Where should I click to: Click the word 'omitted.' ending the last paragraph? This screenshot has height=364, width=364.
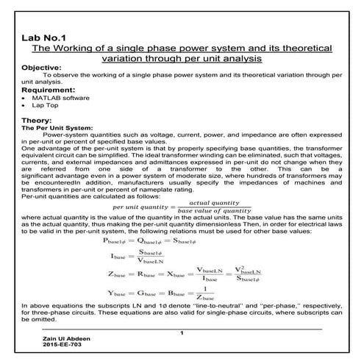[x=35, y=320]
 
